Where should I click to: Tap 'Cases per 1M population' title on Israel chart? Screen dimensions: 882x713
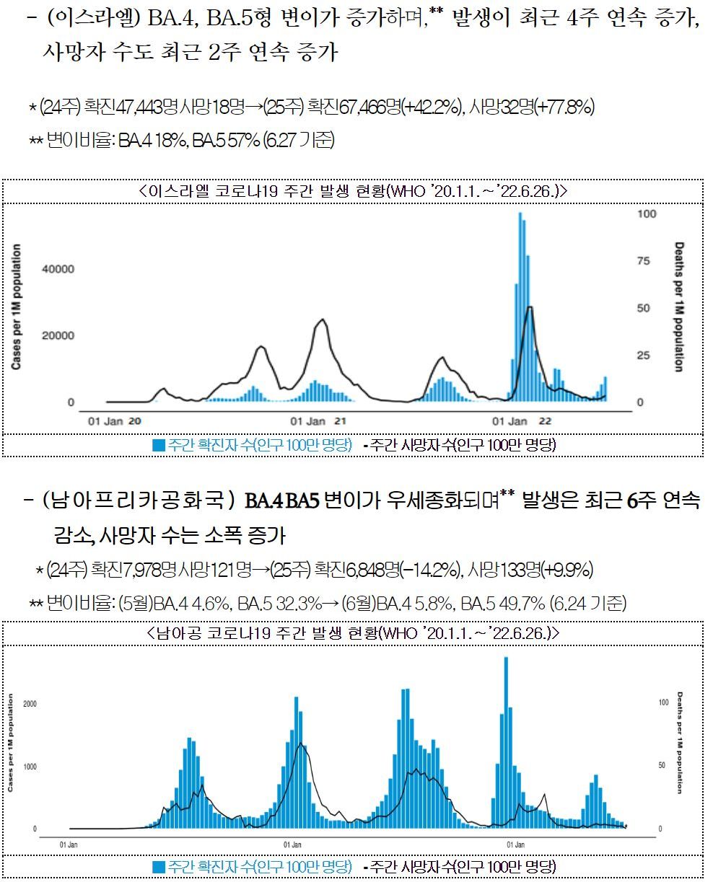tap(16, 307)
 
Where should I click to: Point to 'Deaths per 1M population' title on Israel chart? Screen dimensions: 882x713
tap(678, 307)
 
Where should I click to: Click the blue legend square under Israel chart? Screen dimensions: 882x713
tap(159, 445)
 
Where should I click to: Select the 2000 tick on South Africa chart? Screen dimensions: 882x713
tap(30, 703)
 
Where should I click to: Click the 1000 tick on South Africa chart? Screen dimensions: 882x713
tap(30, 766)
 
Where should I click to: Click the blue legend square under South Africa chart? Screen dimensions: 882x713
tap(159, 866)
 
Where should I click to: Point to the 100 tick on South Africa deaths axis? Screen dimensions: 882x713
tap(664, 702)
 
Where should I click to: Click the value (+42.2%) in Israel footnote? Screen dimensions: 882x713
tap(431, 107)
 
